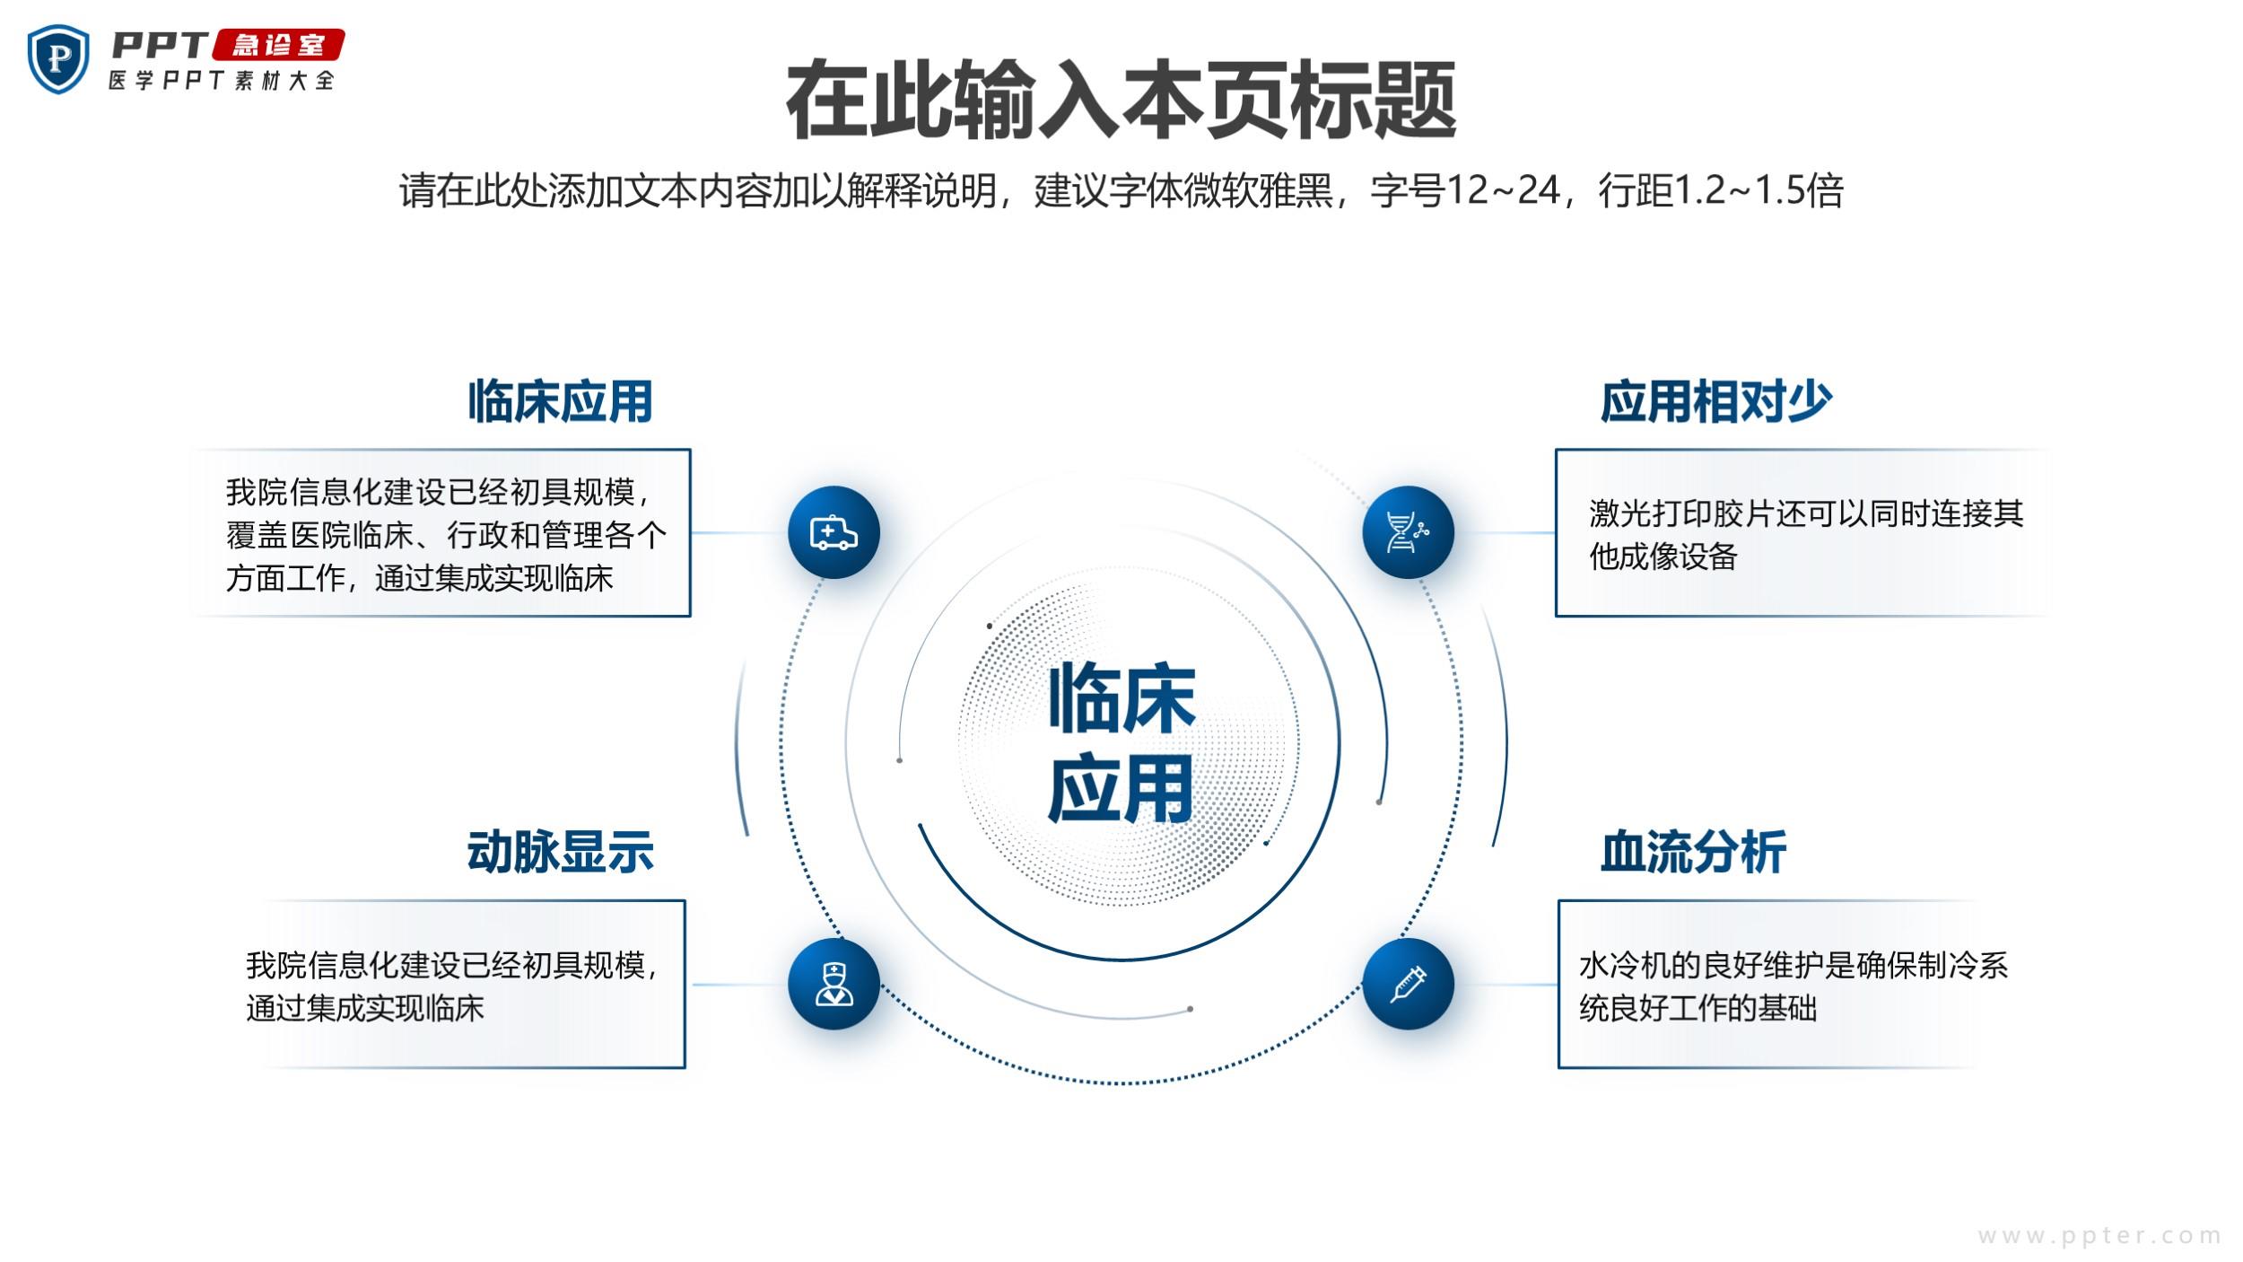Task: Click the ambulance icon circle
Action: pyautogui.click(x=833, y=532)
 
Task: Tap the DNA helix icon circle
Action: pyautogui.click(x=1408, y=532)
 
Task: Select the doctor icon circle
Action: pyautogui.click(x=833, y=984)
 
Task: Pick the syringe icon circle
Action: pyautogui.click(x=1408, y=984)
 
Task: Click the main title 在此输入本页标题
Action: pyautogui.click(x=1121, y=100)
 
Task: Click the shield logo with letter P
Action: pyautogui.click(x=58, y=59)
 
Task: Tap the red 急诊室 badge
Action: pyautogui.click(x=278, y=45)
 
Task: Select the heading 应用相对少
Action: pyautogui.click(x=1715, y=401)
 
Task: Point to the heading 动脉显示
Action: pyautogui.click(x=560, y=852)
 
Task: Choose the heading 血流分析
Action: pyautogui.click(x=1693, y=852)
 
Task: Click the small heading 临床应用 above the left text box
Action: pyautogui.click(x=560, y=401)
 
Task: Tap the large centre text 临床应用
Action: pyautogui.click(x=1121, y=742)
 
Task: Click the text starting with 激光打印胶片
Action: pyautogui.click(x=1806, y=535)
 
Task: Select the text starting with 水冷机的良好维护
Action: pyautogui.click(x=1794, y=986)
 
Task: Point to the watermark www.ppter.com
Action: pyautogui.click(x=2099, y=1236)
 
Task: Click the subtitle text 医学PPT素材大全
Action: pyautogui.click(x=222, y=81)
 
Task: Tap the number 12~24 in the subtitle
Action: pyautogui.click(x=1503, y=190)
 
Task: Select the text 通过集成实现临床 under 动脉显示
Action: pyautogui.click(x=365, y=1008)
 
